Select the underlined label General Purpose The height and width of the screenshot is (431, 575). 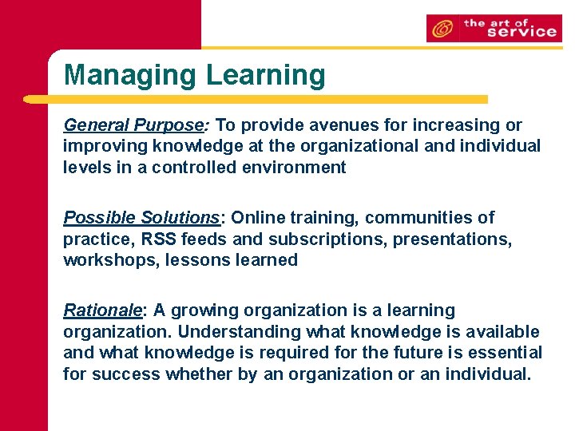(133, 125)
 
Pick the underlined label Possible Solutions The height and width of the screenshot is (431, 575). (141, 218)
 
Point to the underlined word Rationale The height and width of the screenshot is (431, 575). (102, 310)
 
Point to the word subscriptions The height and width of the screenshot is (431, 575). (324, 239)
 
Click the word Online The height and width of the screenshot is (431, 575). (260, 218)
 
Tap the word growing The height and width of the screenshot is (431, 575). (199, 310)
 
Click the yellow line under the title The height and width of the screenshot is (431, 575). (256, 100)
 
